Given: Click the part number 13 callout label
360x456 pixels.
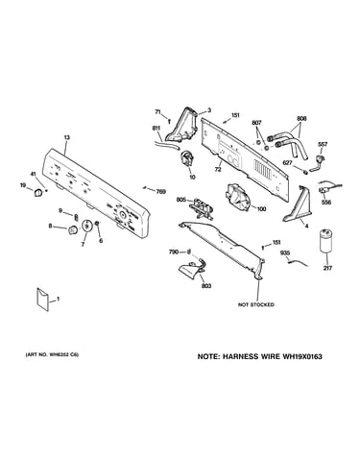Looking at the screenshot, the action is [x=67, y=137].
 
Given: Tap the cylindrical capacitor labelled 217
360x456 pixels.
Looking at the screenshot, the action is [x=325, y=240].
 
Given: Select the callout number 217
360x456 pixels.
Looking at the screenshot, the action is [x=327, y=268].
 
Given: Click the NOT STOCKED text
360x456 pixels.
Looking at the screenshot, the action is [x=256, y=304].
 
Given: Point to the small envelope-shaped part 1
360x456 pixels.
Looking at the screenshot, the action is [x=42, y=299].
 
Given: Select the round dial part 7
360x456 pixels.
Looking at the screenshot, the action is [x=86, y=226].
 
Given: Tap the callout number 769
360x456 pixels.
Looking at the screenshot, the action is [x=161, y=192].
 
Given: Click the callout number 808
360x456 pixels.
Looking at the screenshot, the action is [x=301, y=119].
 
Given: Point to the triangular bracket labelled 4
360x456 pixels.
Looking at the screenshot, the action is [x=298, y=204].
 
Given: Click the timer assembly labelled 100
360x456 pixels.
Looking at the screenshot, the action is [x=238, y=198].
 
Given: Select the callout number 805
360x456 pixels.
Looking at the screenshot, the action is [x=181, y=200].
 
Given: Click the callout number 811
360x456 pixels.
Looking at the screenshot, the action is [x=156, y=129].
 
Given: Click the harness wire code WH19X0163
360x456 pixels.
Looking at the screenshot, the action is [x=301, y=356].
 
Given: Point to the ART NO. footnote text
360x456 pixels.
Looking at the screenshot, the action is [x=52, y=354].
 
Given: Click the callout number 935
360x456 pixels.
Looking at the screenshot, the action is [x=285, y=252].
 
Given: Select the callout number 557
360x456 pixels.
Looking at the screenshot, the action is [x=323, y=145].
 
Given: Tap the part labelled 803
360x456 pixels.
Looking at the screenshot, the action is [x=193, y=269].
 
